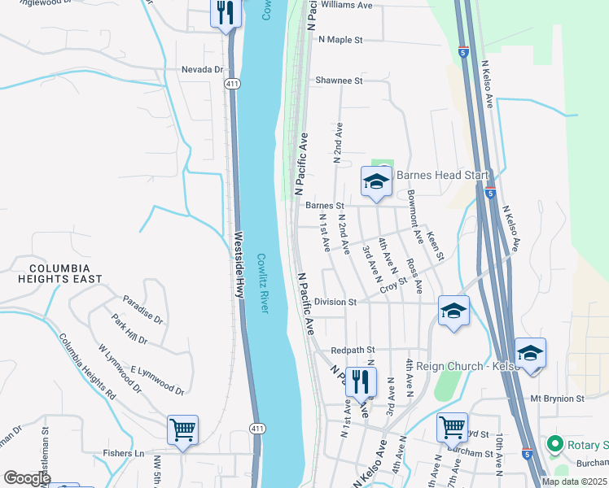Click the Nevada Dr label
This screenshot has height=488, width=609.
point(202,70)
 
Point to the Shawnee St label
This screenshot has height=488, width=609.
point(339,81)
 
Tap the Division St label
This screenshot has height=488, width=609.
point(335,302)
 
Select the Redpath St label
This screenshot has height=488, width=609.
point(352,350)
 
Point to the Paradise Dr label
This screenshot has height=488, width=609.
point(142,307)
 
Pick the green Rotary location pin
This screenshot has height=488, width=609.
point(555,444)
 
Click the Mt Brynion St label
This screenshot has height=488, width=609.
point(558,399)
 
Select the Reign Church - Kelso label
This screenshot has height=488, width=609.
point(468,366)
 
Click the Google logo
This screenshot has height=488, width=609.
point(27,478)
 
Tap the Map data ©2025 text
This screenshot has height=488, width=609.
point(572,481)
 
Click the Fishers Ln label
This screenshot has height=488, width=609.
point(129,453)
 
